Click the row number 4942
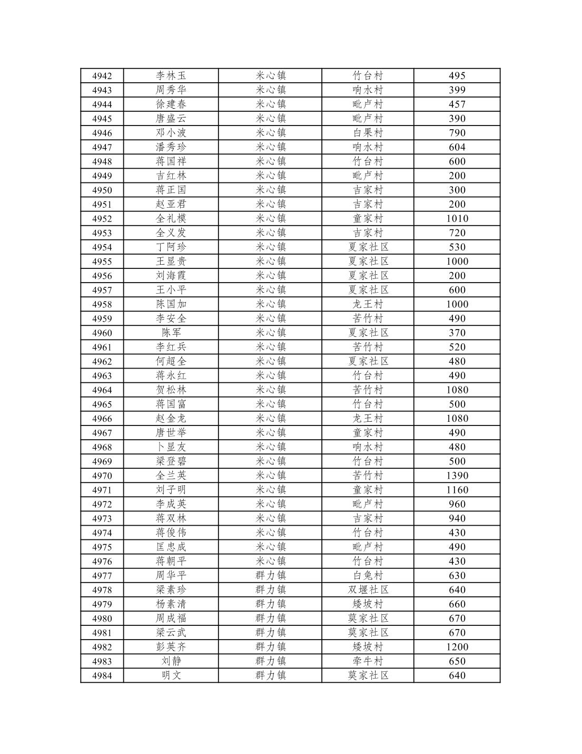tap(102, 76)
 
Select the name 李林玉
tap(171, 76)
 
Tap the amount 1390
tap(457, 476)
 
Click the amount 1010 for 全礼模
tap(457, 219)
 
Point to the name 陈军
tap(171, 333)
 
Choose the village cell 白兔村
tap(368, 576)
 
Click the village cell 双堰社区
tap(368, 590)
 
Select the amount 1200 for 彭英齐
tap(457, 647)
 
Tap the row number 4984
tap(102, 675)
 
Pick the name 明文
tap(171, 675)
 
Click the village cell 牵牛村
tap(368, 661)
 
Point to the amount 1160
tap(457, 490)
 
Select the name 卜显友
tap(171, 447)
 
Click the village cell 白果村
tap(368, 133)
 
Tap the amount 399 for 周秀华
tap(457, 90)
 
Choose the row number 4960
tap(102, 333)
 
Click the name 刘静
tap(171, 661)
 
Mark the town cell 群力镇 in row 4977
tap(270, 576)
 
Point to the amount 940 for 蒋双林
tap(457, 518)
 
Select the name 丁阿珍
tap(171, 247)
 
